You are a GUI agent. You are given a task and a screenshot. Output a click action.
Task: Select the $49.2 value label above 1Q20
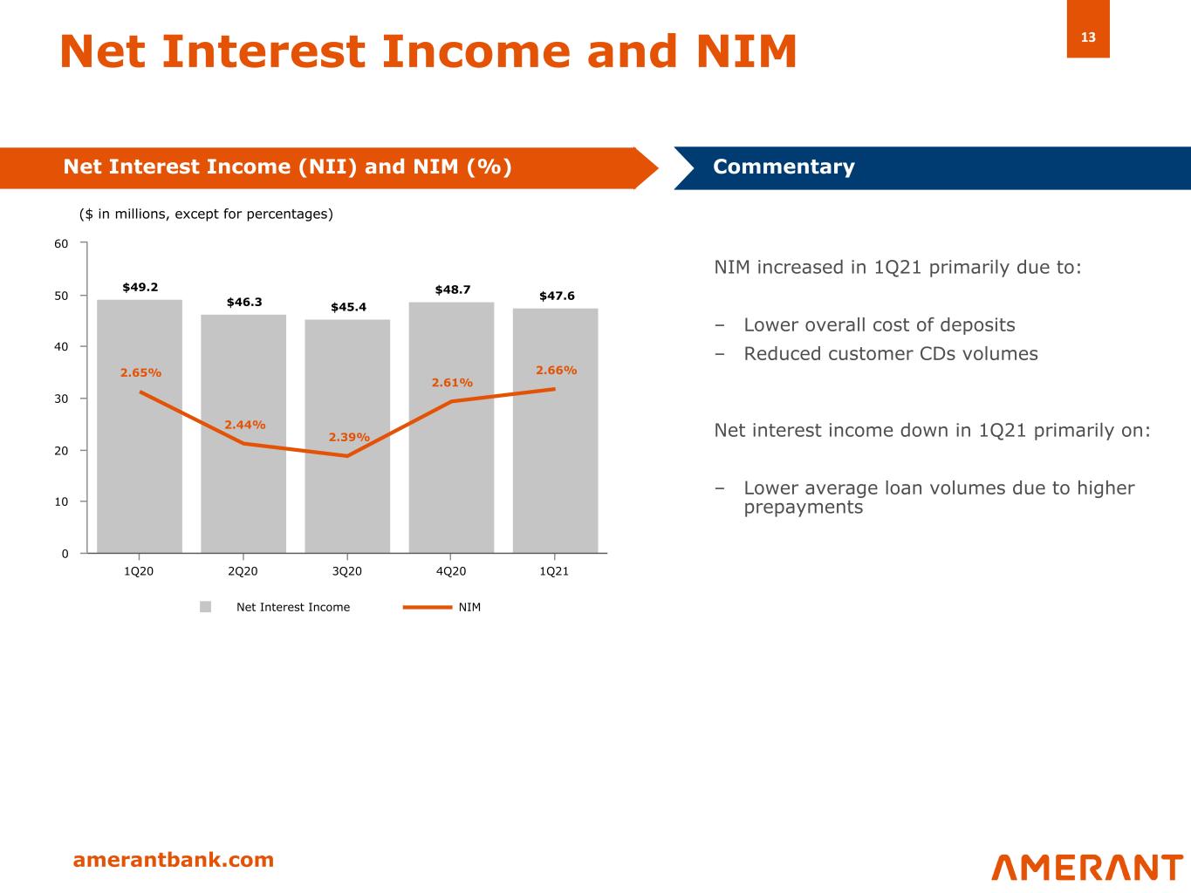[140, 287]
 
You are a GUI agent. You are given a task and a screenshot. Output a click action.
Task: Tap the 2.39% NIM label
[349, 437]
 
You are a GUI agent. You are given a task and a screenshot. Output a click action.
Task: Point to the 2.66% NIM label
[556, 370]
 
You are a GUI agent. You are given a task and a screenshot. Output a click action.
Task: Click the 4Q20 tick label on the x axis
[450, 571]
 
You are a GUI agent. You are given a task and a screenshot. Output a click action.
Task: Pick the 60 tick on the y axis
[61, 244]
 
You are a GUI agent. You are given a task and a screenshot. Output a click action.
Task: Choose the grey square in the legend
[206, 607]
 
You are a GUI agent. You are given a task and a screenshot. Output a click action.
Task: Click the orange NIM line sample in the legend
[427, 607]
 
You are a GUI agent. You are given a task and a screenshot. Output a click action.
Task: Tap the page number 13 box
[1088, 37]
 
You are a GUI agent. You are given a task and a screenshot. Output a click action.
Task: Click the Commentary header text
[784, 167]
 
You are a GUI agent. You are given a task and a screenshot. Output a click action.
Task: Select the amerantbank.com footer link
[173, 860]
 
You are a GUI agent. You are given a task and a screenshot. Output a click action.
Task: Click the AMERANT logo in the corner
[1086, 867]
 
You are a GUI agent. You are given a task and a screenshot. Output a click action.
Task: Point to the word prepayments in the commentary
[803, 508]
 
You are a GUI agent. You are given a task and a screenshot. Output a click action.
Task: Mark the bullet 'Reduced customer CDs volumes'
[890, 354]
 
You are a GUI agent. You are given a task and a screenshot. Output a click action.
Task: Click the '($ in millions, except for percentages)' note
[206, 214]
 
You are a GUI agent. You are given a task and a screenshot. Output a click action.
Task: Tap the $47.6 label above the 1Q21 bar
[557, 296]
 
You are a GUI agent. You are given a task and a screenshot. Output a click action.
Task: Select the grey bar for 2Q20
[243, 488]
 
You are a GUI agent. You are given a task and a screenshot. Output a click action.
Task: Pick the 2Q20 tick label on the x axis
[243, 571]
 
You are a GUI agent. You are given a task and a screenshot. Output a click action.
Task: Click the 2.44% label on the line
[245, 425]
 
